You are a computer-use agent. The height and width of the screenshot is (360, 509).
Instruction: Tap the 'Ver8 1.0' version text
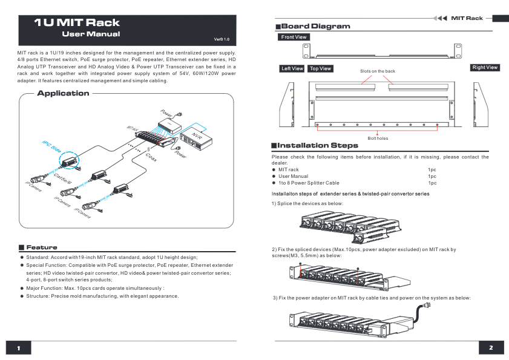pyautogui.click(x=222, y=39)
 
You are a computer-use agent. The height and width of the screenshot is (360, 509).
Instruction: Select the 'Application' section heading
pyautogui.click(x=63, y=93)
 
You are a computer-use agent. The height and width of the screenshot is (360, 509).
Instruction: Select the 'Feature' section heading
pyautogui.click(x=41, y=247)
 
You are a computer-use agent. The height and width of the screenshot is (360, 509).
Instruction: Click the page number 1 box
pyautogui.click(x=19, y=348)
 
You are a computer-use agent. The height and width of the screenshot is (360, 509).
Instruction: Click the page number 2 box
pyautogui.click(x=491, y=348)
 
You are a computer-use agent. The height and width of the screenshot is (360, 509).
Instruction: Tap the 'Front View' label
pyautogui.click(x=294, y=37)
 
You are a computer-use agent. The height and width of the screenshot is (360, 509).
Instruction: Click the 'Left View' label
pyautogui.click(x=292, y=68)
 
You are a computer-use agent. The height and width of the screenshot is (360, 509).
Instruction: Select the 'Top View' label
pyautogui.click(x=320, y=68)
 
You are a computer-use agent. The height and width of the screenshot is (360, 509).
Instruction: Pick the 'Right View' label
pyautogui.click(x=485, y=67)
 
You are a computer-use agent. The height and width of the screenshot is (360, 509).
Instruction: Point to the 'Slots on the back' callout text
pyautogui.click(x=377, y=71)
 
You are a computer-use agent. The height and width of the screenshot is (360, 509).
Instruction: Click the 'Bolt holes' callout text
pyautogui.click(x=378, y=138)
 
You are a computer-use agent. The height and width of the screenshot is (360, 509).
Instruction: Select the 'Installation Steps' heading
pyautogui.click(x=317, y=145)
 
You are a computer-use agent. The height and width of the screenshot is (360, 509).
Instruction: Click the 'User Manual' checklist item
pyautogui.click(x=293, y=176)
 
